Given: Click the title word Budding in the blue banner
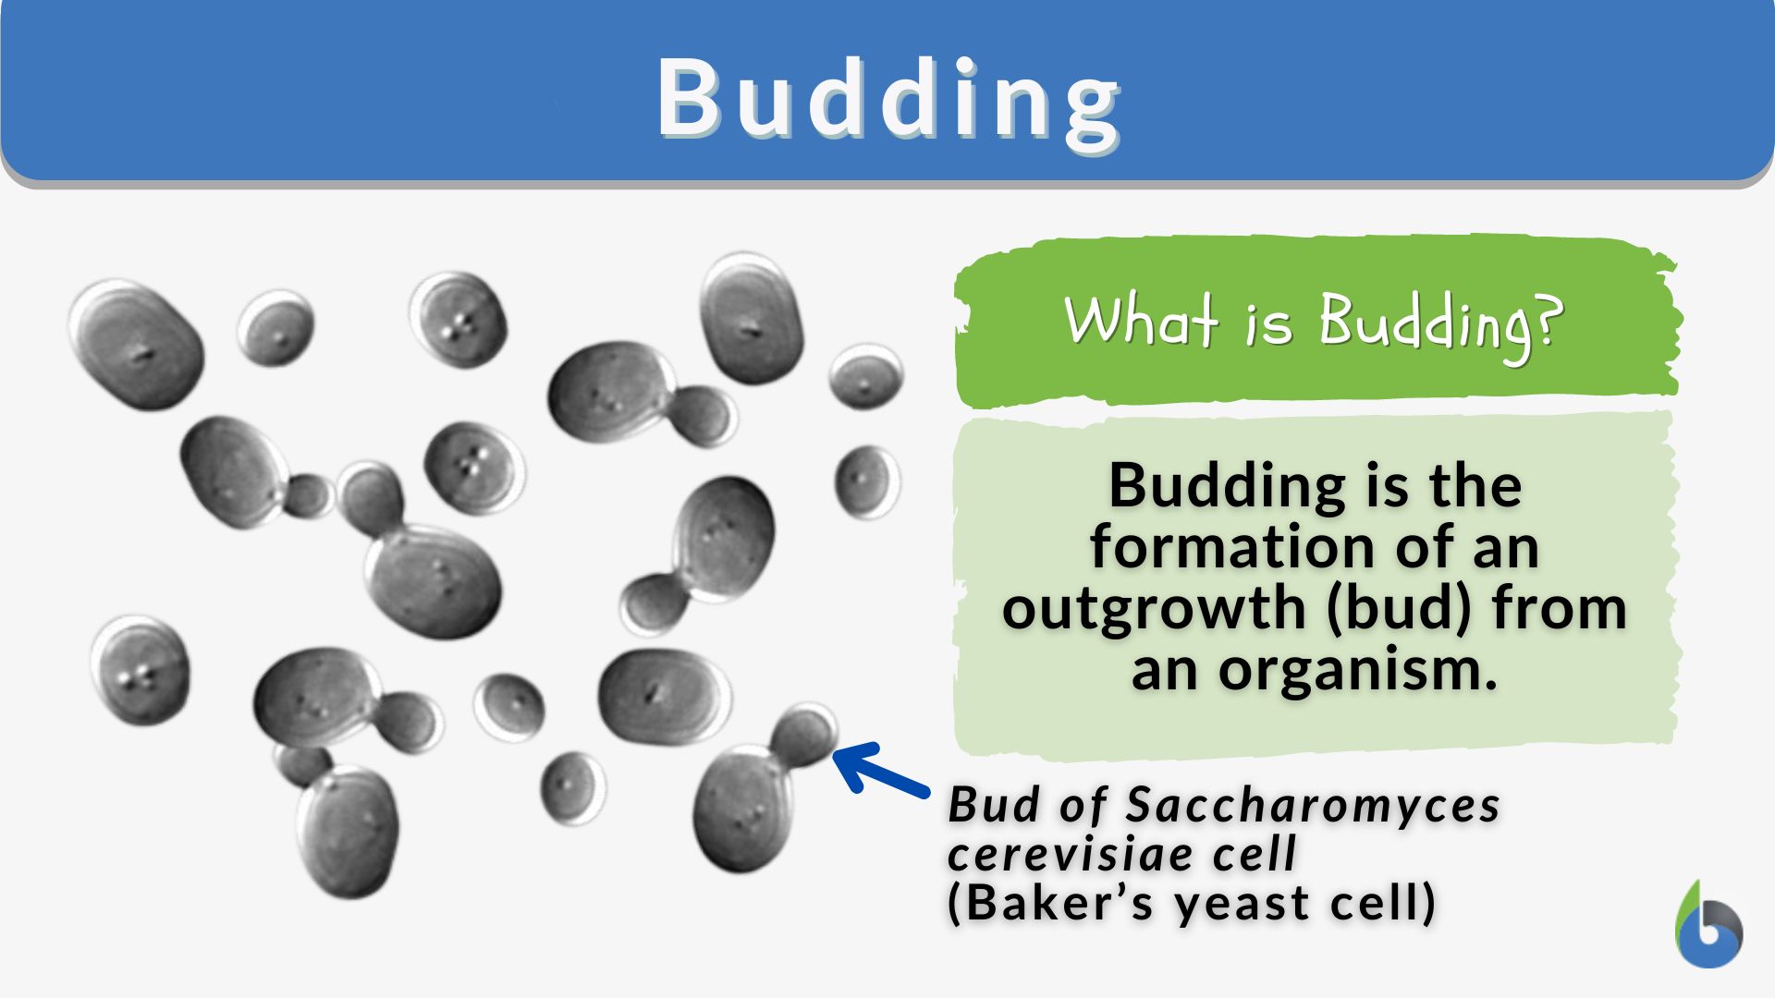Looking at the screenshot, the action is [888, 99].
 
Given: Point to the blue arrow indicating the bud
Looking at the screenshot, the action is [881, 769].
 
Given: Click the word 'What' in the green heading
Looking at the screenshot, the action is [1140, 321].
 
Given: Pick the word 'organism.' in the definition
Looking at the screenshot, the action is [1357, 670].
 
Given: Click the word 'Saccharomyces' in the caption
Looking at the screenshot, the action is [1313, 805].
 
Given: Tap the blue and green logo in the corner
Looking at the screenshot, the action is [1708, 925].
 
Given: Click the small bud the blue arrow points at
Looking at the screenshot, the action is [803, 735].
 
